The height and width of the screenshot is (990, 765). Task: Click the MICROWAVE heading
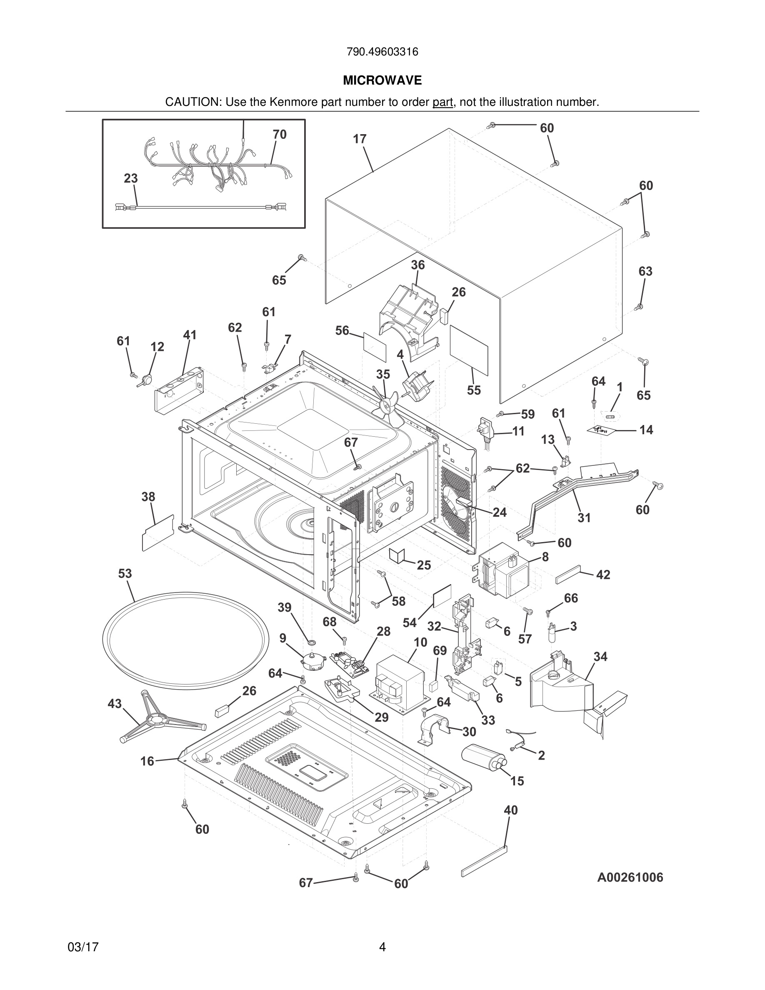pos(382,81)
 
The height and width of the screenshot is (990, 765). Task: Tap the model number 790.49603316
pos(382,52)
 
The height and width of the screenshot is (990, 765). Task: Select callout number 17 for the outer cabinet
pos(360,139)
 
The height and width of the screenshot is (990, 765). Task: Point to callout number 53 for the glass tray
pos(125,573)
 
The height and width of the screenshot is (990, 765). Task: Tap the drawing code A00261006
pos(630,877)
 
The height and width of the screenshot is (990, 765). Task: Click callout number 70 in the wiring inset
pos(280,134)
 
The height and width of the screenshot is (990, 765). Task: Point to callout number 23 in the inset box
pos(130,178)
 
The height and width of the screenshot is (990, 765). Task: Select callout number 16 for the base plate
pos(147,761)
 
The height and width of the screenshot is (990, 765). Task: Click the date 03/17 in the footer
pos(83,947)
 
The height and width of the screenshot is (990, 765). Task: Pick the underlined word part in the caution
pos(442,102)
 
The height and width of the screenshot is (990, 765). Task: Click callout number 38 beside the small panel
pos(148,497)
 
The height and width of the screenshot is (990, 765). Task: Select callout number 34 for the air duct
pos(600,656)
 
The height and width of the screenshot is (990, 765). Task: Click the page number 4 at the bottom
pos(382,947)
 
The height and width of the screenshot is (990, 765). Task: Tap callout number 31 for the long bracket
pos(584,517)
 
